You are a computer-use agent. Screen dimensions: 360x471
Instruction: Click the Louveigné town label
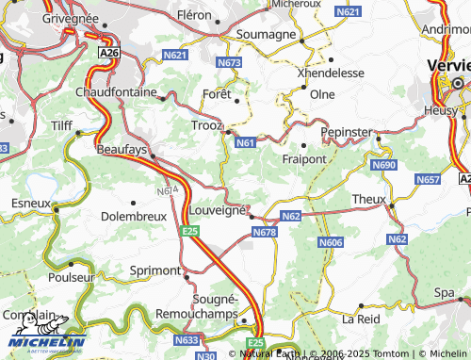(x=218, y=210)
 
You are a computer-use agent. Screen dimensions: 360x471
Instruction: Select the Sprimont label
(x=154, y=270)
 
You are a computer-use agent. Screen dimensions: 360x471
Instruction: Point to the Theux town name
(x=368, y=199)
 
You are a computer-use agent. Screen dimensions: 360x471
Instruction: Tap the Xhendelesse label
(x=328, y=73)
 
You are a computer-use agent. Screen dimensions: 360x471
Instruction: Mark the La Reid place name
(x=360, y=319)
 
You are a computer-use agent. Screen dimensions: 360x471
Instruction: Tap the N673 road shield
(x=229, y=62)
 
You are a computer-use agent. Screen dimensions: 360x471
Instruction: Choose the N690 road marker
(x=384, y=165)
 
